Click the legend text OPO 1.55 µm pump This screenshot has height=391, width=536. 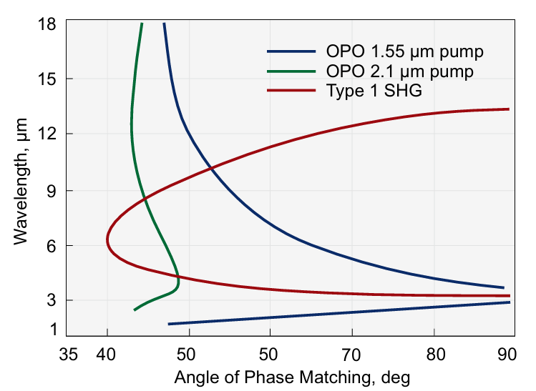click(x=404, y=52)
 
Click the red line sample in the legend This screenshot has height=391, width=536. click(x=291, y=91)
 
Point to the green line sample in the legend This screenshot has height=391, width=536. click(x=291, y=71)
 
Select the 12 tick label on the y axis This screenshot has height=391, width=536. click(x=47, y=134)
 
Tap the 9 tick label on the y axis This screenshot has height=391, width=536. click(x=51, y=190)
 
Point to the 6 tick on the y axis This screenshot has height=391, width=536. click(x=51, y=245)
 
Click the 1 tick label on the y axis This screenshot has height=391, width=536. click(x=51, y=329)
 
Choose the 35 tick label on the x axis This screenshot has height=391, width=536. click(x=69, y=354)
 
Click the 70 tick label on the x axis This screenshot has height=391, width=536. click(x=351, y=354)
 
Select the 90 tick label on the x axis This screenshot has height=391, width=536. click(x=507, y=354)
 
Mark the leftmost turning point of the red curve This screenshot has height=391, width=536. click(x=107, y=239)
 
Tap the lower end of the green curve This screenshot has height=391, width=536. click(x=135, y=310)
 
